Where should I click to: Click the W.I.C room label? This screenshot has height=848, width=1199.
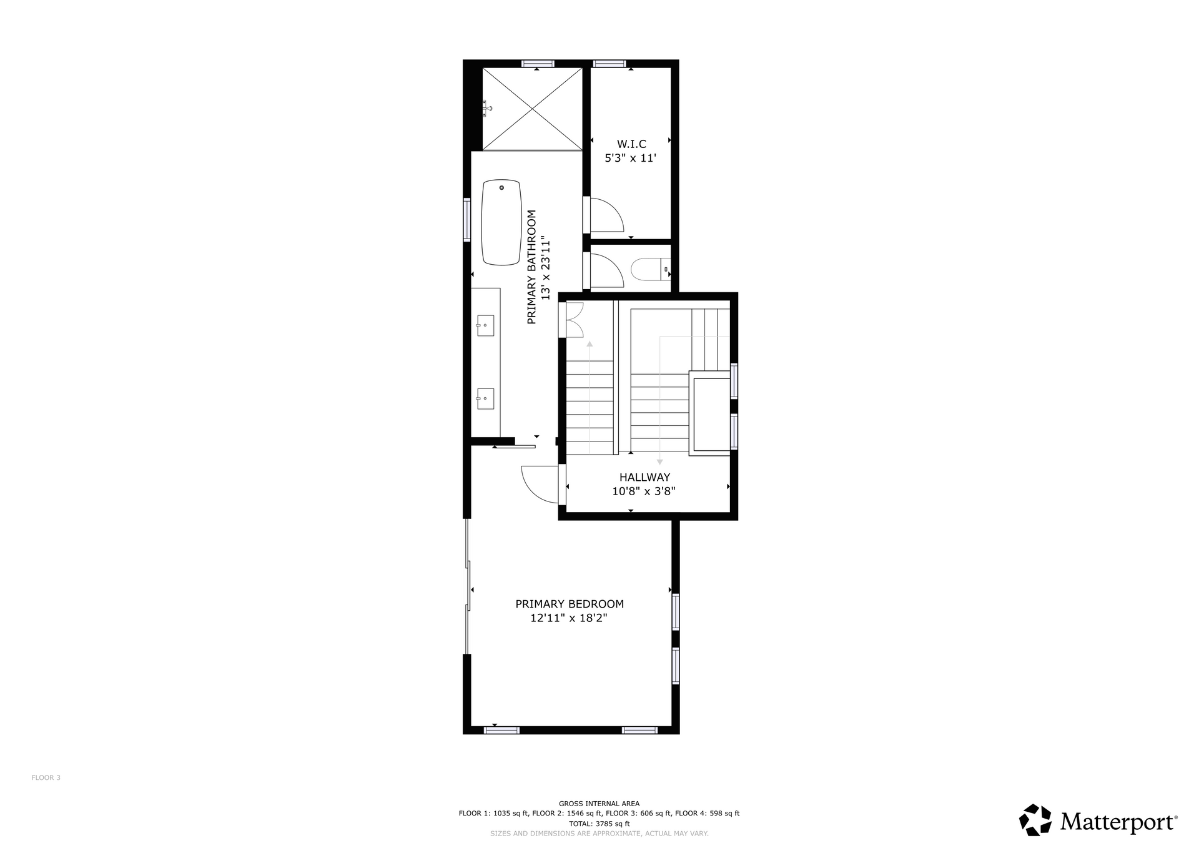pos(631,144)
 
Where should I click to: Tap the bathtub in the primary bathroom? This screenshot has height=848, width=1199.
pos(501,222)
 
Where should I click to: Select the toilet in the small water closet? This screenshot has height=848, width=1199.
pos(650,270)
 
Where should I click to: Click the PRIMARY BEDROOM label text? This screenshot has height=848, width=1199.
pos(570,604)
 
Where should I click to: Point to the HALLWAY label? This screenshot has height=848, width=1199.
pos(645,478)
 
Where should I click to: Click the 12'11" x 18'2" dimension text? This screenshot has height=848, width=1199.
pos(569,618)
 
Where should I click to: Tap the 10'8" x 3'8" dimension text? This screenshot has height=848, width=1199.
pos(644,491)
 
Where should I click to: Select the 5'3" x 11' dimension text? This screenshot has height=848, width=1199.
pos(631,158)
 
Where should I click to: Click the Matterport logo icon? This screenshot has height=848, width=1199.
pos(1036,820)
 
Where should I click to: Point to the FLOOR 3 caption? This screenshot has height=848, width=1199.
pos(46,777)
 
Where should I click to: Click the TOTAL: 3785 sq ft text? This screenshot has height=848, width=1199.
pos(599,824)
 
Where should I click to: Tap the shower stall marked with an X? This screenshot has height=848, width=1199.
pos(532,109)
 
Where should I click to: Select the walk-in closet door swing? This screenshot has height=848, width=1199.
pos(606,215)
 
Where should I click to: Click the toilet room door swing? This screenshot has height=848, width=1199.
pos(606,270)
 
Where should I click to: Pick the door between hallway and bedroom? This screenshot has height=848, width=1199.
pos(540,485)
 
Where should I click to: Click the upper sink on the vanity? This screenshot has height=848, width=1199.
pos(485,325)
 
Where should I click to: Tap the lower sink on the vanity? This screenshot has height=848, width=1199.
pos(485,398)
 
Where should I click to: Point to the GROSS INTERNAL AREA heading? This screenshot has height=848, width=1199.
pos(599,804)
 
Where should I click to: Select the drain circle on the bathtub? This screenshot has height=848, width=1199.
pos(501,187)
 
